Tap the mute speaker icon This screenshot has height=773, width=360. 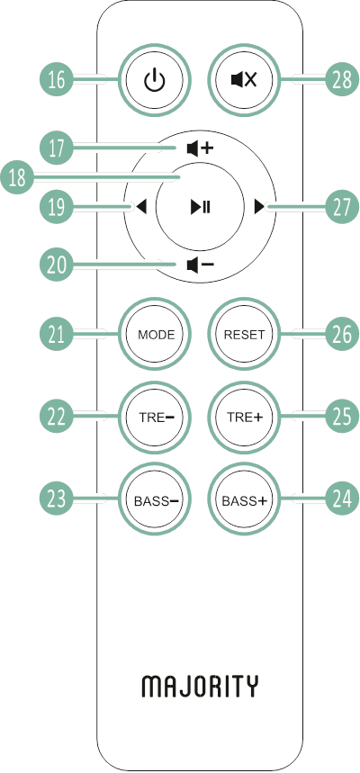[244, 80]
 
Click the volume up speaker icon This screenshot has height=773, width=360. [201, 148]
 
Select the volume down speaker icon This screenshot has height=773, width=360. [201, 265]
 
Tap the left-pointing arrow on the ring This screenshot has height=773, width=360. [141, 208]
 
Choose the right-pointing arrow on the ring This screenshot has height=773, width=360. [259, 208]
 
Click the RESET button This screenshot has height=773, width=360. [244, 335]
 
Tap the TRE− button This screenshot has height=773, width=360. [156, 417]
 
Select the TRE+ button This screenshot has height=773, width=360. [244, 417]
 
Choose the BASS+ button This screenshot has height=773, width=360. [244, 500]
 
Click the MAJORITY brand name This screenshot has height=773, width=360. [200, 687]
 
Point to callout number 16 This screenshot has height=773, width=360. [57, 80]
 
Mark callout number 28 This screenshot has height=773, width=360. [342, 80]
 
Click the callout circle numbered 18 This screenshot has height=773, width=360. [17, 177]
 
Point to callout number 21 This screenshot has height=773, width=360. [57, 335]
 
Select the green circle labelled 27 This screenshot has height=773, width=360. [342, 208]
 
